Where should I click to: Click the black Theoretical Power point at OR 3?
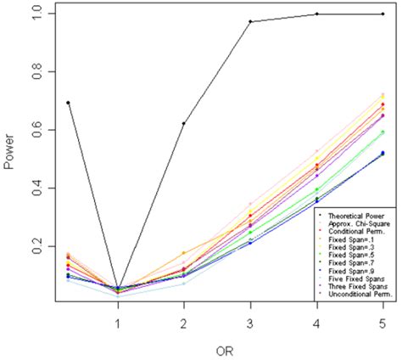[x=250, y=21]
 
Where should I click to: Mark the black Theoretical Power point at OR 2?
[x=183, y=123]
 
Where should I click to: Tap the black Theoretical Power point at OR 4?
[x=316, y=14]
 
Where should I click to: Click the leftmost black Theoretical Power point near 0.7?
[x=68, y=102]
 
